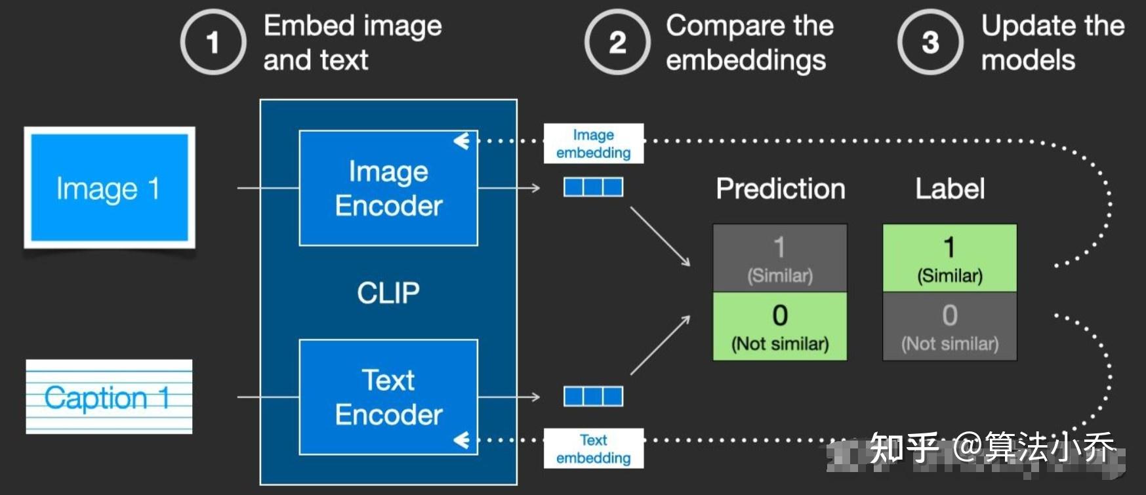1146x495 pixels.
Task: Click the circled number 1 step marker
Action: pyautogui.click(x=213, y=43)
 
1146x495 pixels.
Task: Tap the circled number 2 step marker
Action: pyautogui.click(x=617, y=43)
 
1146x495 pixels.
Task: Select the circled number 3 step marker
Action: pyautogui.click(x=930, y=43)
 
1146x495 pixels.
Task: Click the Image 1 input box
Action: pyautogui.click(x=110, y=188)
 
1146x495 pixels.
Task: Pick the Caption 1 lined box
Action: pyautogui.click(x=109, y=397)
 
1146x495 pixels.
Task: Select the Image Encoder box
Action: pyautogui.click(x=388, y=188)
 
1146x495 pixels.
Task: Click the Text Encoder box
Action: pyautogui.click(x=388, y=397)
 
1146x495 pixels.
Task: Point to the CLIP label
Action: pyautogui.click(x=388, y=293)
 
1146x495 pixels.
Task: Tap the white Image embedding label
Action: pyautogui.click(x=594, y=144)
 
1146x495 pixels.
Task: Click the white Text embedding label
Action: pyautogui.click(x=594, y=448)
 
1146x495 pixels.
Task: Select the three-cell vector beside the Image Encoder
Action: pyautogui.click(x=594, y=188)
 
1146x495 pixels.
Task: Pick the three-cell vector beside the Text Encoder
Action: pyautogui.click(x=594, y=397)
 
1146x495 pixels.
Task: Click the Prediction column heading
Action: pyautogui.click(x=781, y=189)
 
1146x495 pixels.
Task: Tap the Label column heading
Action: pyautogui.click(x=950, y=189)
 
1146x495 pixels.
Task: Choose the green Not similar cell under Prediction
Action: pyautogui.click(x=780, y=327)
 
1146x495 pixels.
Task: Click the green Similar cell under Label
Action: pyautogui.click(x=950, y=258)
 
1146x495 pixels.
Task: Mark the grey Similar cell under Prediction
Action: pyautogui.click(x=780, y=258)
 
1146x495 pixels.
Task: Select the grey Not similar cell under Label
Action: pyautogui.click(x=950, y=327)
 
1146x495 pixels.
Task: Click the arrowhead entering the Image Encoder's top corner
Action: pyautogui.click(x=462, y=141)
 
